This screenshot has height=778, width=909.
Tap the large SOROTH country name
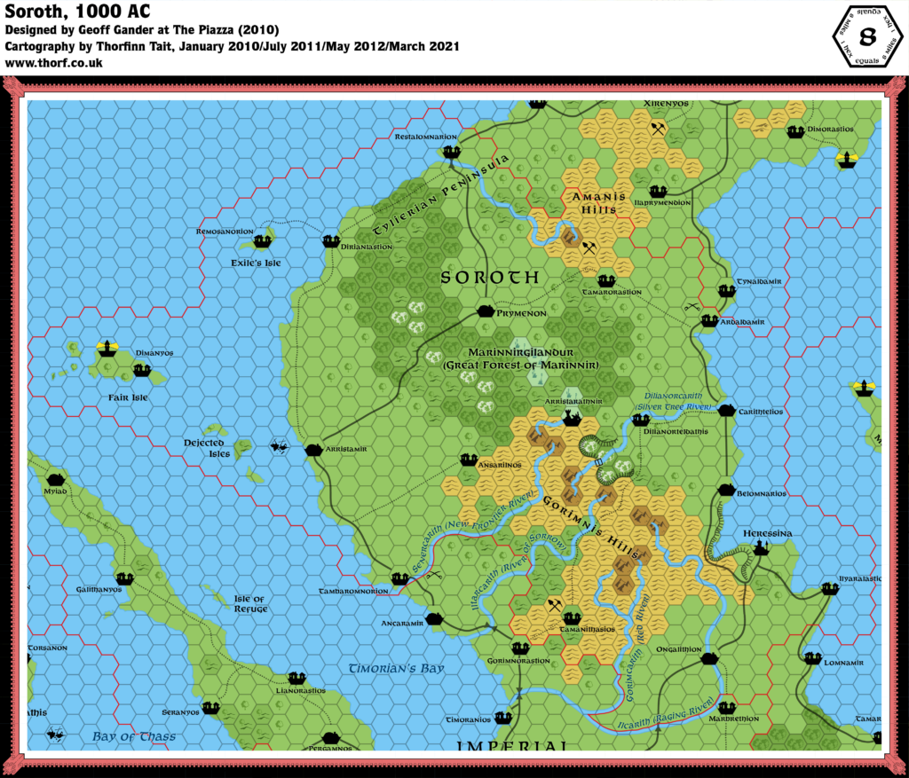click(x=490, y=278)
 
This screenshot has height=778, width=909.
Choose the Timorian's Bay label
click(x=396, y=668)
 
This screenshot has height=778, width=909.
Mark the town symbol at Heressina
click(x=759, y=549)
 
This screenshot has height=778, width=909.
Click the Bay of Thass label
click(x=134, y=736)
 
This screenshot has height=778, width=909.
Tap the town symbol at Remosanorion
click(x=262, y=241)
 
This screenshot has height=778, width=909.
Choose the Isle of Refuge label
click(x=249, y=604)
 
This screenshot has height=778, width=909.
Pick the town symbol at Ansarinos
click(x=470, y=460)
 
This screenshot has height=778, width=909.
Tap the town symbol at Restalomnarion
click(x=452, y=152)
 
